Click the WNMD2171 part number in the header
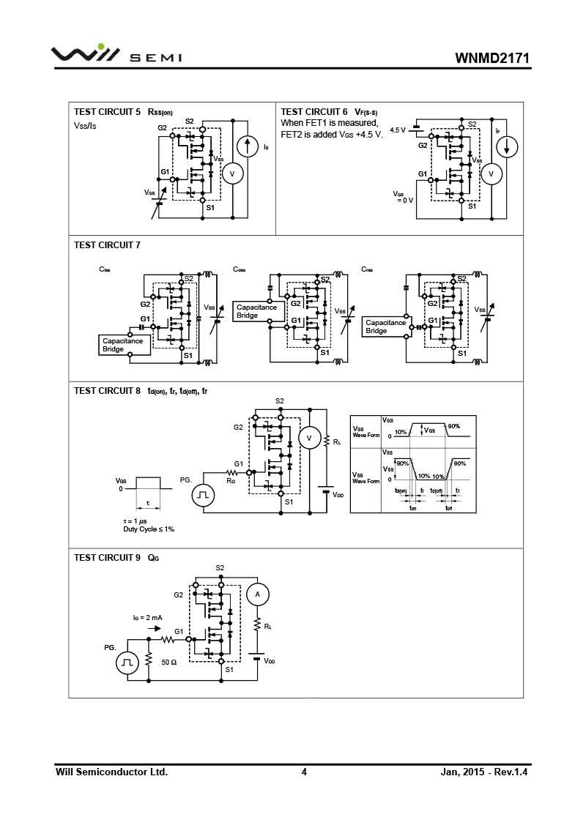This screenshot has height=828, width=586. tap(492, 57)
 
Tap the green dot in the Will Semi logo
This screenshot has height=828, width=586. tap(101, 47)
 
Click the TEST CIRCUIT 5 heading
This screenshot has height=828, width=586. tap(108, 112)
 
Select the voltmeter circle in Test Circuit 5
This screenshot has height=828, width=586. tap(232, 174)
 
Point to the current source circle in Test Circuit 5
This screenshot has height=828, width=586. tap(248, 146)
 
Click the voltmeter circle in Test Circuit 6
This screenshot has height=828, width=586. tap(492, 174)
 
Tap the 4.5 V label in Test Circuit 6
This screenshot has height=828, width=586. tap(397, 130)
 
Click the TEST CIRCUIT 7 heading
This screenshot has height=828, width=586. tap(107, 245)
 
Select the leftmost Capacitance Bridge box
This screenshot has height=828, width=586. tap(124, 345)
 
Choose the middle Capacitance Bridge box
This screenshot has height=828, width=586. tap(257, 311)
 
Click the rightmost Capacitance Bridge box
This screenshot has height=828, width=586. tap(386, 327)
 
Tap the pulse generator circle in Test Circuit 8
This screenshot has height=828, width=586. tap(203, 496)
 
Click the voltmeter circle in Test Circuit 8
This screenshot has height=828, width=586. tap(309, 439)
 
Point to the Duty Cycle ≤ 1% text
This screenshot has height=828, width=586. tap(149, 529)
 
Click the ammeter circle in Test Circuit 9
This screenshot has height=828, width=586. tap(257, 595)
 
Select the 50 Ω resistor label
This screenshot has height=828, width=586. tap(169, 662)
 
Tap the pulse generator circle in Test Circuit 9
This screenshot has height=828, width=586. tap(127, 663)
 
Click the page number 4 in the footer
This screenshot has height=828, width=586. tap(304, 772)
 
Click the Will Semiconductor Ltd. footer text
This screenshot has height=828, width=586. tap(112, 772)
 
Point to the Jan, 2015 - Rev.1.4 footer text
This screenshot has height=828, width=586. tap(484, 772)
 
